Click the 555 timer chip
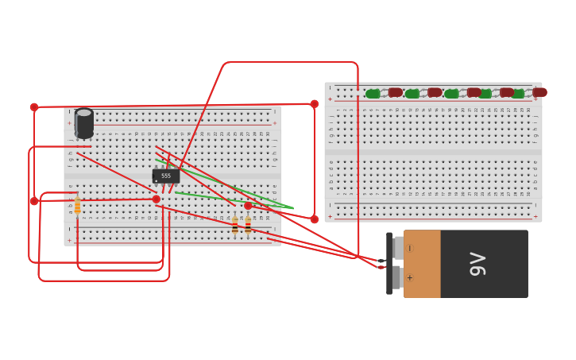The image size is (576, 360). point(166,176)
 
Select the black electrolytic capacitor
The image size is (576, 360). point(84,123)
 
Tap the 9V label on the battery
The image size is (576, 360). point(477,263)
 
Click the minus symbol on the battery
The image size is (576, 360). point(410,249)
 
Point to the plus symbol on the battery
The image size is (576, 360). point(410,278)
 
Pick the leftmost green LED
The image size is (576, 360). point(373,94)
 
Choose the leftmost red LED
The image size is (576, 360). point(395,92)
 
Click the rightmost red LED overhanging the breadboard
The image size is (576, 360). point(539,92)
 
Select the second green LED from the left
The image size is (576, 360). point(412,94)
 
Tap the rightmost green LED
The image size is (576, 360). point(517,94)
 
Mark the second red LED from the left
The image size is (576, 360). point(435,92)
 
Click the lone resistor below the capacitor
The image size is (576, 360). point(77,206)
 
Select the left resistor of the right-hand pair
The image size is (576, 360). point(235,226)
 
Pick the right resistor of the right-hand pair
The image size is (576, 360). point(248,226)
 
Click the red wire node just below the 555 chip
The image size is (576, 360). point(157,199)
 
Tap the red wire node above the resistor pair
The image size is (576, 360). point(248,206)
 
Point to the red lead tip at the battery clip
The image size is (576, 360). point(381,268)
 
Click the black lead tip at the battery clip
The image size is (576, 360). point(381,260)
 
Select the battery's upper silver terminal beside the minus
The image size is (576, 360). point(396,248)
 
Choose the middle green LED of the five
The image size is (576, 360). point(451,94)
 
